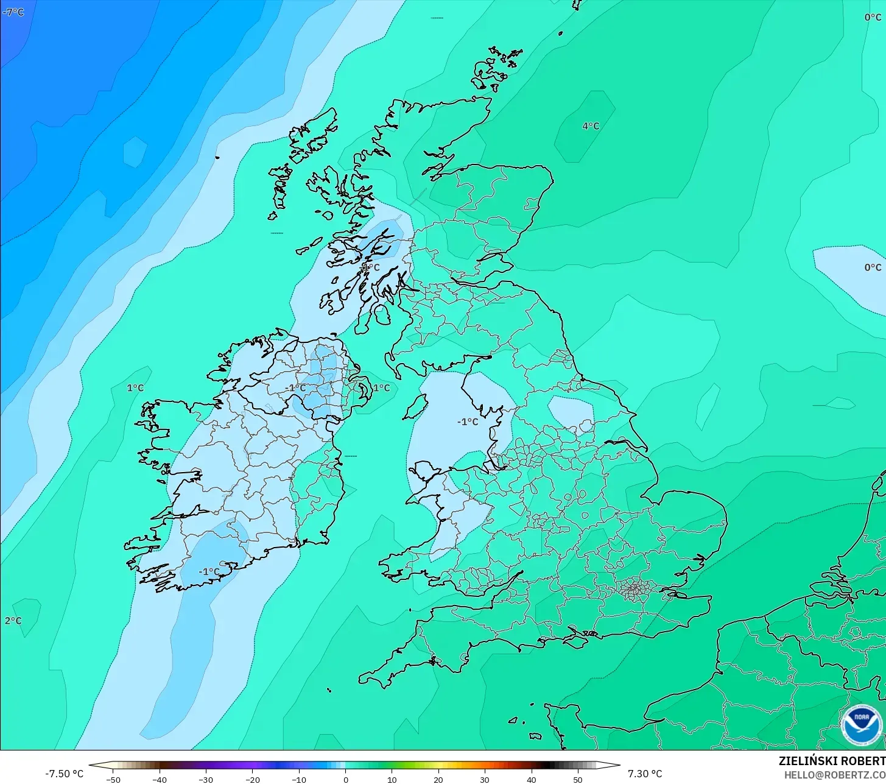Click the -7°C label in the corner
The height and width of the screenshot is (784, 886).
tap(13, 12)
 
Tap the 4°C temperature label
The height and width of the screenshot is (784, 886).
tap(590, 126)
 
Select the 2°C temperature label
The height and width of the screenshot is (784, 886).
tap(13, 621)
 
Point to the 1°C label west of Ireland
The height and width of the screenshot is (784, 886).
tap(135, 388)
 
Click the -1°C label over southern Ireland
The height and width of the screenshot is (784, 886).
tap(209, 571)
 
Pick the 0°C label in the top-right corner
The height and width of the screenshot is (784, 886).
tap(873, 18)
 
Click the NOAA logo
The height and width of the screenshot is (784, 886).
tap(861, 724)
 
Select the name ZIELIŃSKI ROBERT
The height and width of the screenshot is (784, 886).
tap(832, 761)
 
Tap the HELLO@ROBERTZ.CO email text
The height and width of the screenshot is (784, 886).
tap(835, 775)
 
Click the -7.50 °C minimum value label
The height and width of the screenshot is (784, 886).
tap(64, 774)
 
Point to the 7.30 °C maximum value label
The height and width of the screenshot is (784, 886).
tap(645, 774)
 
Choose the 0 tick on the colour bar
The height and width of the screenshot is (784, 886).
tap(345, 779)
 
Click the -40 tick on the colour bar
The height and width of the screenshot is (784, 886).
tap(160, 779)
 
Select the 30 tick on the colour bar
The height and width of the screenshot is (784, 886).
tap(485, 779)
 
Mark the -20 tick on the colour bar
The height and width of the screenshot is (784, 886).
tap(252, 779)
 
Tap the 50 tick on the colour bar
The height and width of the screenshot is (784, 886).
tap(577, 779)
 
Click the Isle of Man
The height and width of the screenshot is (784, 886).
tap(415, 406)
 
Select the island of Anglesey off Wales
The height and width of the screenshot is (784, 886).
tap(425, 472)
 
